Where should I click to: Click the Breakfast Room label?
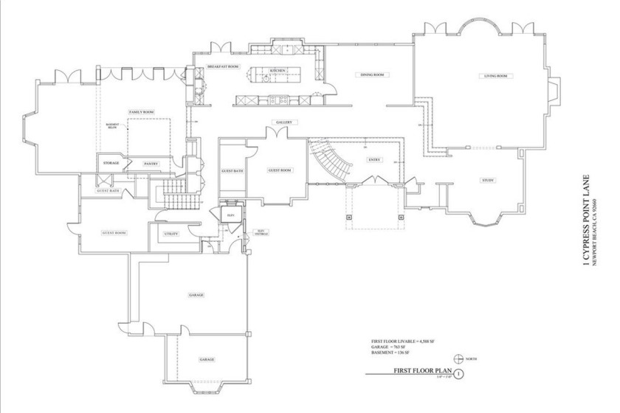tap(222, 66)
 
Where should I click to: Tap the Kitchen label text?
tap(278, 71)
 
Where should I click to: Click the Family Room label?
tap(140, 111)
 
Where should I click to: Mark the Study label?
tap(488, 180)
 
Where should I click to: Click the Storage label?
tap(111, 162)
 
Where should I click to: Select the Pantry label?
tap(151, 163)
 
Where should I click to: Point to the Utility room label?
tap(170, 234)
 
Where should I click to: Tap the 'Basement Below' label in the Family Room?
tap(112, 126)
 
